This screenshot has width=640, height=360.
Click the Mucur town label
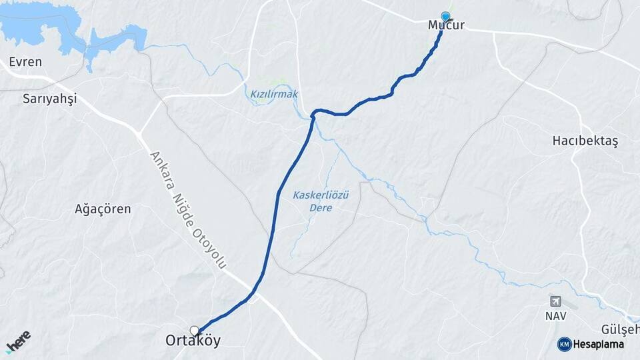[446, 26]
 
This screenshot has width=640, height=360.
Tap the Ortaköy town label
[193, 341]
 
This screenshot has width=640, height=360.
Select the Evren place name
[25, 62]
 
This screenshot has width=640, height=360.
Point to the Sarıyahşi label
[49, 99]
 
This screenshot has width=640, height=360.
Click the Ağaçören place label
[103, 209]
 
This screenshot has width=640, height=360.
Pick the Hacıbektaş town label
[585, 141]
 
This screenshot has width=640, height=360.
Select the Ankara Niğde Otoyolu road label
[187, 209]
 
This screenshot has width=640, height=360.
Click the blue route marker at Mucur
[445, 17]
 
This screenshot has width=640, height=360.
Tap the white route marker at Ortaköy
[194, 330]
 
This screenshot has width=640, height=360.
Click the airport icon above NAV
[555, 301]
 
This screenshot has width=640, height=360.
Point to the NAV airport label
[555, 315]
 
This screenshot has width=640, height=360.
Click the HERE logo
[18, 342]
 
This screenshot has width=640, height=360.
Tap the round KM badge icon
[564, 344]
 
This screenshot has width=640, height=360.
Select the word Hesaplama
[599, 344]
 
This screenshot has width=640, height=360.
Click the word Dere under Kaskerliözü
[321, 208]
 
